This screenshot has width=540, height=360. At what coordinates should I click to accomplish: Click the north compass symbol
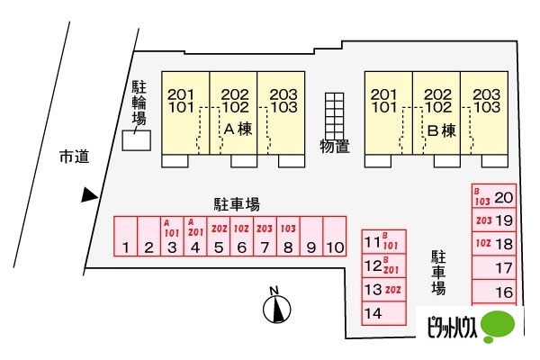[x=277, y=310]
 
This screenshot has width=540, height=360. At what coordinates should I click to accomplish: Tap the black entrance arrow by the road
[x=88, y=194]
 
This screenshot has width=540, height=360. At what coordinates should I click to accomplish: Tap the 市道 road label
[x=74, y=157]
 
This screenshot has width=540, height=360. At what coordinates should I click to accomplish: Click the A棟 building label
[x=237, y=130]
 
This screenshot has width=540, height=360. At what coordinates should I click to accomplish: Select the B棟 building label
[x=441, y=130]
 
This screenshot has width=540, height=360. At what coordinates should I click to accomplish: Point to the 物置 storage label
[x=335, y=145]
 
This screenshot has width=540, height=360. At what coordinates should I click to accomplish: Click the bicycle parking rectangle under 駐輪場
[x=137, y=140]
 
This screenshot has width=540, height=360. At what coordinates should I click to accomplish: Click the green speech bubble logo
[x=502, y=326]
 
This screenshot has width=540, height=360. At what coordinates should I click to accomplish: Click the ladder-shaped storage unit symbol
[x=335, y=112]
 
